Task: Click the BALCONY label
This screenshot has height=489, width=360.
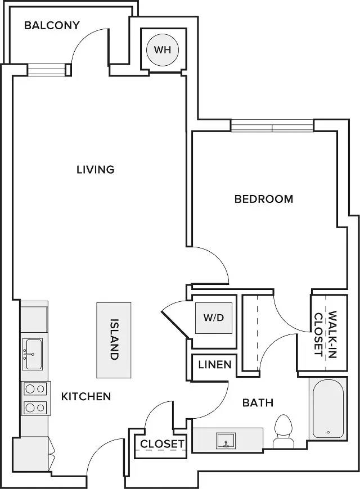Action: [52, 25]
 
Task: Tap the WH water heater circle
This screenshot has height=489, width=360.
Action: [163, 50]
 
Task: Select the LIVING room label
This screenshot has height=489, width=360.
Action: [96, 170]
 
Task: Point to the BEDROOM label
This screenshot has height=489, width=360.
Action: [264, 199]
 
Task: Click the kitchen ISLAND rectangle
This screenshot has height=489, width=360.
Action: [114, 340]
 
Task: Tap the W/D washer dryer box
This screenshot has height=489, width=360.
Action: [214, 318]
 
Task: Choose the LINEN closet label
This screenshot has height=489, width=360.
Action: [215, 364]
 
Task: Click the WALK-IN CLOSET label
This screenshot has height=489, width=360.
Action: [325, 334]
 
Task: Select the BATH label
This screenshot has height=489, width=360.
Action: [258, 402]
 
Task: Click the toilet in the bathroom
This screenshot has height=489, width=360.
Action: [283, 431]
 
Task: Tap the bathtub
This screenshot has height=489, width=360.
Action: [328, 408]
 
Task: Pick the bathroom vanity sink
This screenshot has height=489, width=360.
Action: [226, 440]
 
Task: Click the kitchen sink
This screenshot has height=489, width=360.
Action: [33, 354]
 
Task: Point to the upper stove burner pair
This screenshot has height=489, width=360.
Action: [35, 389]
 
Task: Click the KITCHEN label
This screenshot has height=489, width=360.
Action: [86, 396]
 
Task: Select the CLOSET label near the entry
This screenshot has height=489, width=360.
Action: [162, 444]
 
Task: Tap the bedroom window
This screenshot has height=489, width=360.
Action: [272, 126]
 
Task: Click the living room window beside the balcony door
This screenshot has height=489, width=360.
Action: [46, 70]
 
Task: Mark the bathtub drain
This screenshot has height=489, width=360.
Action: [328, 432]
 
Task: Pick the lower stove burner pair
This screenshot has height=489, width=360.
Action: [35, 407]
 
